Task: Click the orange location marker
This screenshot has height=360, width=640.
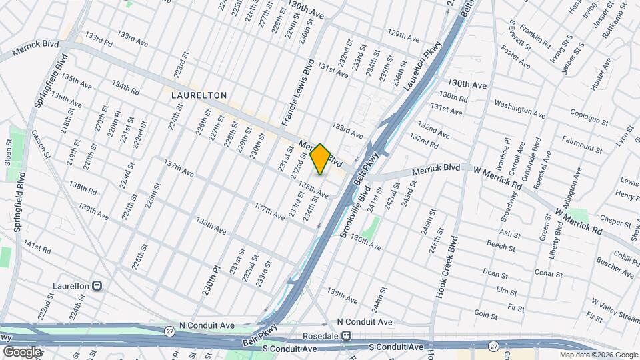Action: (x=320, y=159)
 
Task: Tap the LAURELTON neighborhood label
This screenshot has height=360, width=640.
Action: (x=199, y=95)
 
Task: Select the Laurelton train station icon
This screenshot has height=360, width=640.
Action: (x=97, y=285)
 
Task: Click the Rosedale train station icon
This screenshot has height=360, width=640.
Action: (x=346, y=336)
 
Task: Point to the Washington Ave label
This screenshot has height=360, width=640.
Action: (x=521, y=105)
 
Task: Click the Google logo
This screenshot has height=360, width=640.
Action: (x=22, y=351)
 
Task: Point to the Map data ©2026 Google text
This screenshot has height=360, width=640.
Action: (x=598, y=355)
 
